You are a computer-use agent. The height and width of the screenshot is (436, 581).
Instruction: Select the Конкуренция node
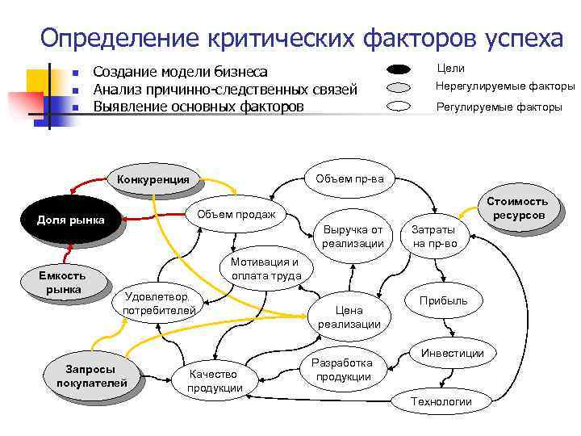(153, 179)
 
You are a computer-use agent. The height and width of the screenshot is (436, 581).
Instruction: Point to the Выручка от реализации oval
(353, 236)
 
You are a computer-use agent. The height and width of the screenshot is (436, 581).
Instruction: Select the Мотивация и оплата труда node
(265, 269)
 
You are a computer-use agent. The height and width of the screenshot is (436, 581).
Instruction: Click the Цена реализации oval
(349, 317)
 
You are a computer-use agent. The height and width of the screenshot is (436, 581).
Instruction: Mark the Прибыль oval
(443, 301)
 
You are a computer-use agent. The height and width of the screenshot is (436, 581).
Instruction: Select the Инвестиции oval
(452, 354)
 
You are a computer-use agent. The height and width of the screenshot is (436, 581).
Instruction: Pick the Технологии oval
(441, 401)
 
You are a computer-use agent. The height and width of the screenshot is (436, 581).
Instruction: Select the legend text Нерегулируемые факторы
(504, 86)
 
